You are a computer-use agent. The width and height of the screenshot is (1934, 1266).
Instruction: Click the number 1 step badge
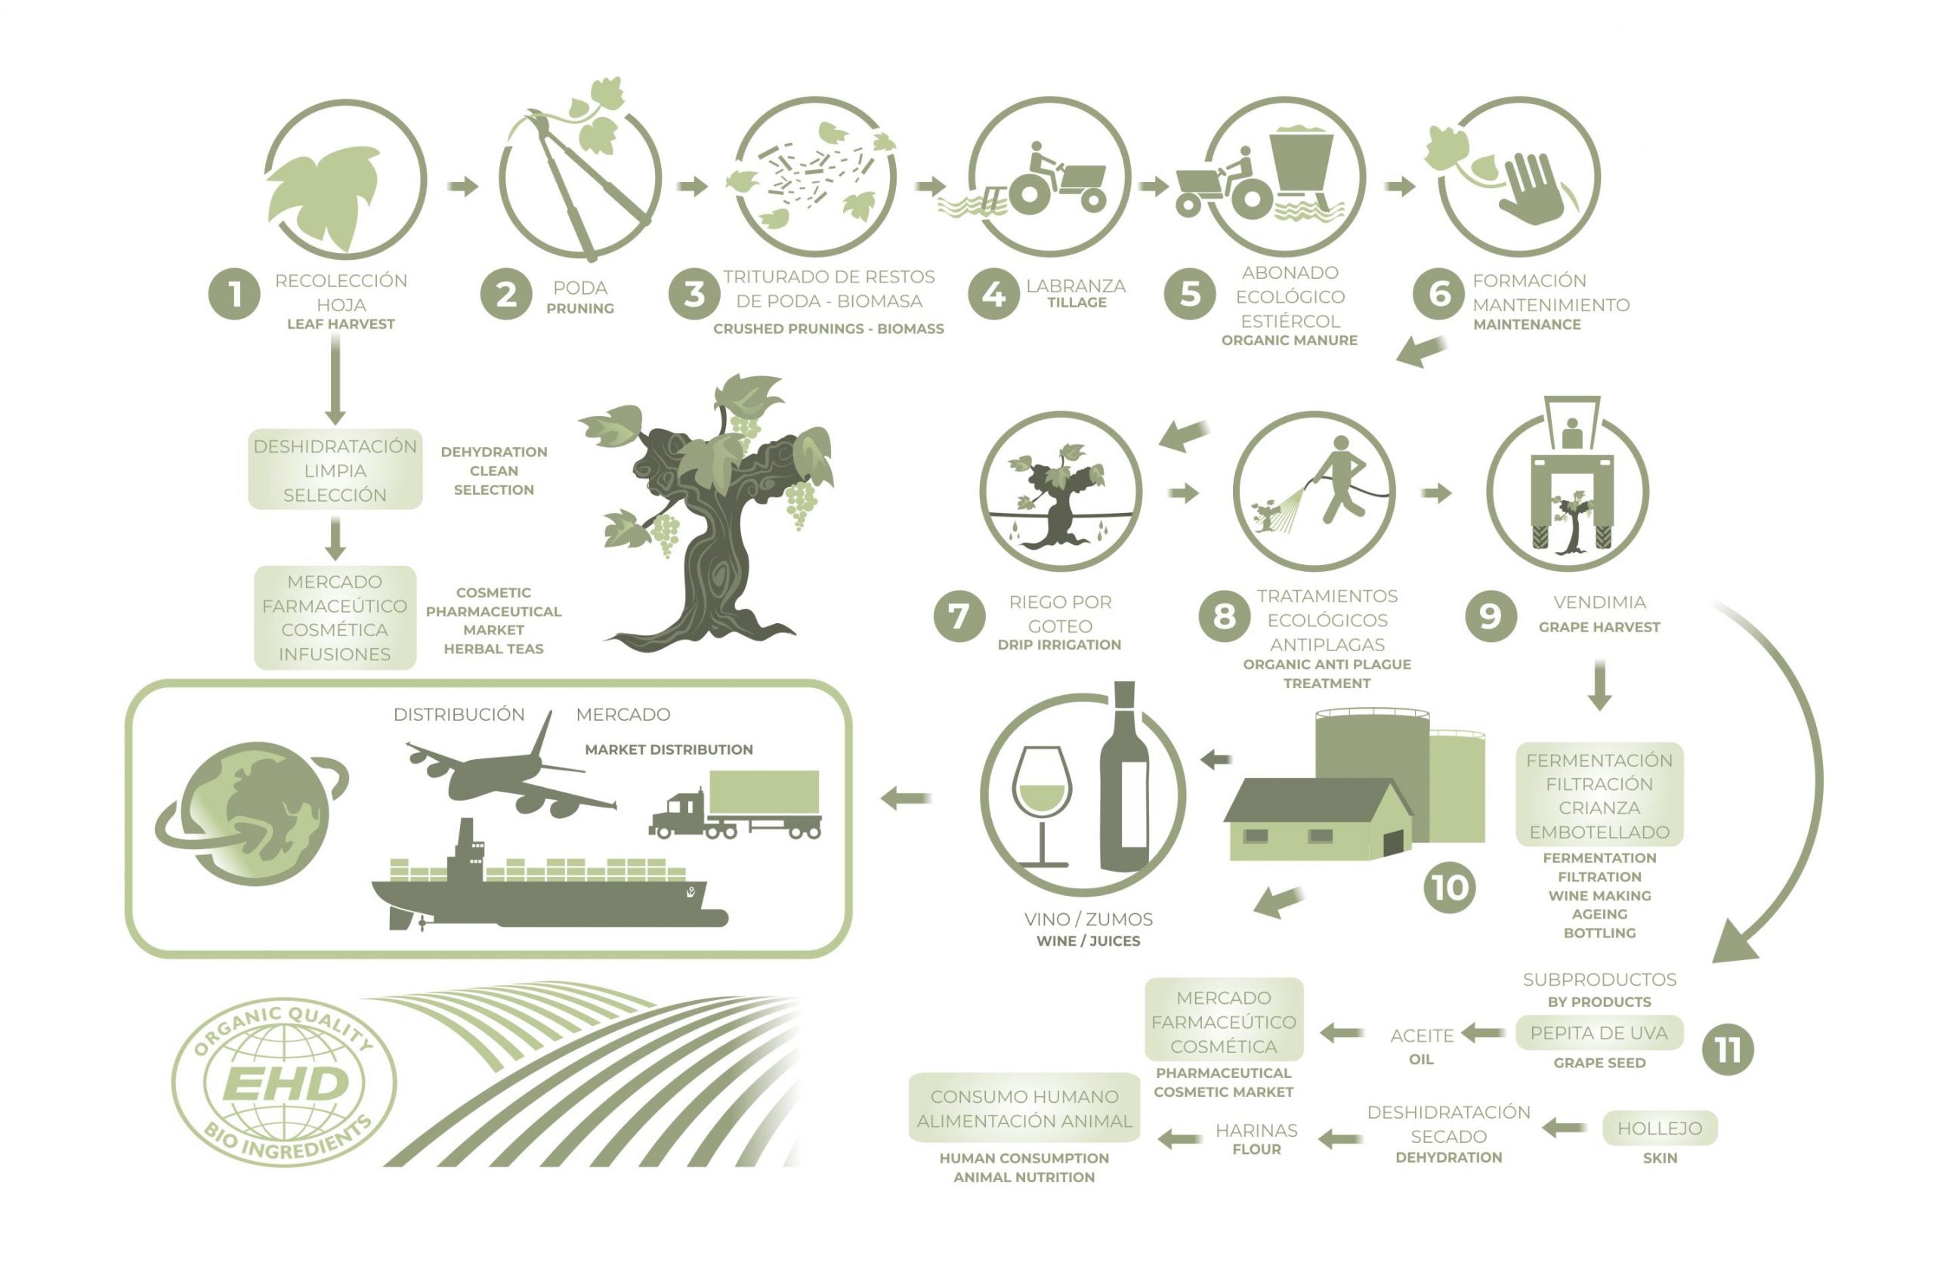(x=234, y=293)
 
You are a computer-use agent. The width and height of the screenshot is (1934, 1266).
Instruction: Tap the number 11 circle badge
(x=1728, y=1050)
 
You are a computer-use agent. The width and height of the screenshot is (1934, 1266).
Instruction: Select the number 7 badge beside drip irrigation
(x=959, y=616)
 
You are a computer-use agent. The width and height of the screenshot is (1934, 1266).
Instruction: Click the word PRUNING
(x=579, y=309)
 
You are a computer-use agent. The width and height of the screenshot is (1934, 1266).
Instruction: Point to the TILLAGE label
(x=1077, y=302)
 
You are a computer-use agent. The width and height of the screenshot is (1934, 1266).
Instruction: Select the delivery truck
(x=735, y=804)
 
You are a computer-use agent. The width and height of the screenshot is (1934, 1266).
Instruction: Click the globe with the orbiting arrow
(x=252, y=813)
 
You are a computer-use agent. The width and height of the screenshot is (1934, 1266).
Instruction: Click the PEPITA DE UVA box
(x=1599, y=1033)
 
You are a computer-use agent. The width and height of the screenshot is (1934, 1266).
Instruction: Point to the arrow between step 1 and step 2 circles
(x=463, y=186)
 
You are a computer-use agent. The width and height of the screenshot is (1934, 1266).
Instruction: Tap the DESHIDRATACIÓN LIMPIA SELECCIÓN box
(x=335, y=470)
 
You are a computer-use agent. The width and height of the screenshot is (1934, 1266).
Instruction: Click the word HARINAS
(x=1256, y=1130)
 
